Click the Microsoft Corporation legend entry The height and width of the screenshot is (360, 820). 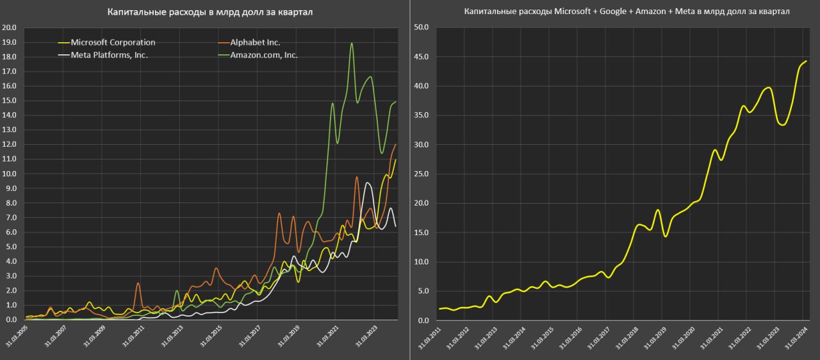point(113,42)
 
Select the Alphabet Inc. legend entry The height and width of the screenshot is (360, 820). point(255,42)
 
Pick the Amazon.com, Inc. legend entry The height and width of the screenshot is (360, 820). point(264,54)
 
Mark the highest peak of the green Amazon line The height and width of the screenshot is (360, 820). point(352,44)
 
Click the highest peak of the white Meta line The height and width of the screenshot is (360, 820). point(367,183)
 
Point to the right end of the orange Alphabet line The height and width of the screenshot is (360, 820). point(395,145)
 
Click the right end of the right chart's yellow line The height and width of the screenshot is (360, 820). point(805,61)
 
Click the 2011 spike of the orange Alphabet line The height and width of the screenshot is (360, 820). point(138,283)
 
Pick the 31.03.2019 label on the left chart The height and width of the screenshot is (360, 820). point(287,336)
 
